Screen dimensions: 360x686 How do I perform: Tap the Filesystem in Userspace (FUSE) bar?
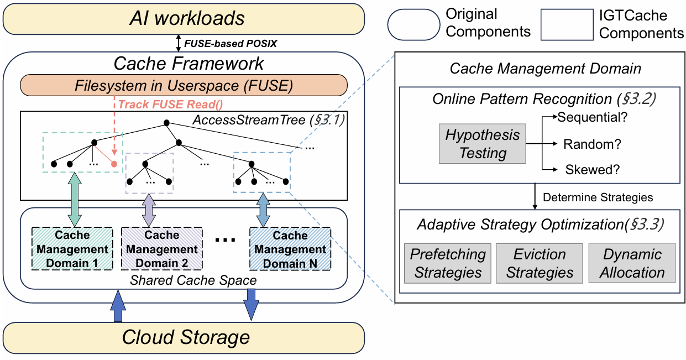point(184,86)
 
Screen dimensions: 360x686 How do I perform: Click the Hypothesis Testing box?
point(483,144)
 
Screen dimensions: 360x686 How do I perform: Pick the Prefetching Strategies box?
point(448,264)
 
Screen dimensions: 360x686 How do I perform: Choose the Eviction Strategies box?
point(540,264)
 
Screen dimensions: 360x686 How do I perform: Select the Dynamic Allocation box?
point(632,264)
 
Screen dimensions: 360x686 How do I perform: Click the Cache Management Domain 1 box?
point(72,249)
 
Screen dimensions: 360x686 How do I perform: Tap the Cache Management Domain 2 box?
point(162,249)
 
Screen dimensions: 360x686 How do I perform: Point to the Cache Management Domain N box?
point(290,249)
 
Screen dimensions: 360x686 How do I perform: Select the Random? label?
point(592,144)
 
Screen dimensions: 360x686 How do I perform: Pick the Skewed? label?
point(592,170)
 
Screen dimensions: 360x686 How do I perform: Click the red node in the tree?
point(113,164)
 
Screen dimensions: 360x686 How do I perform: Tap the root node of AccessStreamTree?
point(165,123)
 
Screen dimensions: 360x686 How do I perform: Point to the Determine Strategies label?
point(598,197)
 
